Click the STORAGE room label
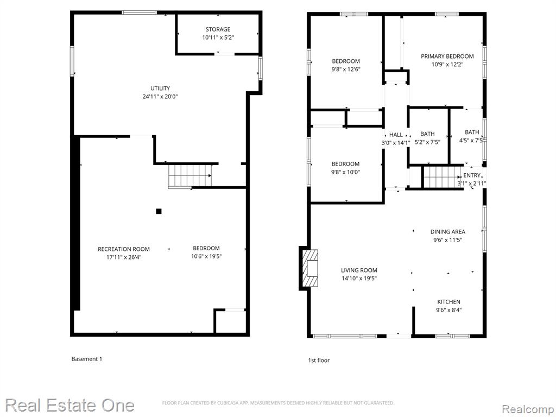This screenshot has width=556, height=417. (x=218, y=29)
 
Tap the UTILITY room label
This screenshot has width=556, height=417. (x=160, y=89)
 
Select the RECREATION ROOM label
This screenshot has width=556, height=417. (x=124, y=249)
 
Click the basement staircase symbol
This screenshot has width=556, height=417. (x=189, y=176)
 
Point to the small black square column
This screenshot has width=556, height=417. (x=159, y=211)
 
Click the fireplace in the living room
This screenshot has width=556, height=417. (x=308, y=268)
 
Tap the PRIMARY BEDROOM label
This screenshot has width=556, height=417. (x=447, y=56)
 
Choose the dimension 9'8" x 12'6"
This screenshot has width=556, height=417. (x=346, y=69)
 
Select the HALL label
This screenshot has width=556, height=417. (x=396, y=135)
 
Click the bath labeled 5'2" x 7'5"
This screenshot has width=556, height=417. (x=427, y=134)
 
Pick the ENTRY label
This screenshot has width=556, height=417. (x=472, y=175)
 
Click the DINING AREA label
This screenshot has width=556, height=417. (x=447, y=232)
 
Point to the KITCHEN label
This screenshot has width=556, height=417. (x=448, y=302)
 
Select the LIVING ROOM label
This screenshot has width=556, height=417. (x=359, y=270)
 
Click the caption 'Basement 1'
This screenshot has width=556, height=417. (x=86, y=359)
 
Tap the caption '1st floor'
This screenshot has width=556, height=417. (x=318, y=361)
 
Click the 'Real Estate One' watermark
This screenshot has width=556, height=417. (x=70, y=405)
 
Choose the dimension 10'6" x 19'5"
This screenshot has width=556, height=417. (x=206, y=256)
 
